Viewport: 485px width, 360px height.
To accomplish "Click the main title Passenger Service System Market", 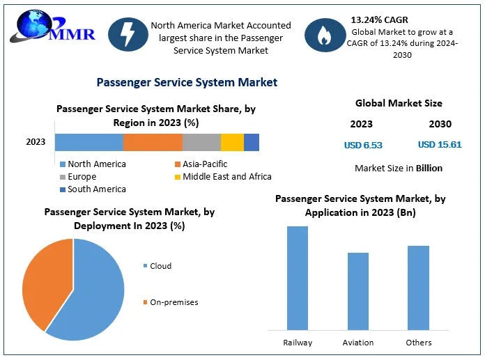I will click(x=187, y=82).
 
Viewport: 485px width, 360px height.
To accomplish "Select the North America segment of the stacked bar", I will click(x=89, y=142).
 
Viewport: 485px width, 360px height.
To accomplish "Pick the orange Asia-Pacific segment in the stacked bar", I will click(x=153, y=142).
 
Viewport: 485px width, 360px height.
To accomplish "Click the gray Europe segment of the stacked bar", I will click(x=201, y=142).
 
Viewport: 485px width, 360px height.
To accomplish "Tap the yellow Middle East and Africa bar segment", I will click(x=232, y=142).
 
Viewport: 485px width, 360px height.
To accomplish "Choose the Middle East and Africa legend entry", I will click(x=222, y=176).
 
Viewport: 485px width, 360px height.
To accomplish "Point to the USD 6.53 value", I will click(x=363, y=145).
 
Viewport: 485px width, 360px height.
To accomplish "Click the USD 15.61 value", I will click(x=440, y=145).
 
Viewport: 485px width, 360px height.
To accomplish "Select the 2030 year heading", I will click(x=440, y=124).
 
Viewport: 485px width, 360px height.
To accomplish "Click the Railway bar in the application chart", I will click(x=298, y=278).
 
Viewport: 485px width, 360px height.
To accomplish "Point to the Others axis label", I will click(x=419, y=343).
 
